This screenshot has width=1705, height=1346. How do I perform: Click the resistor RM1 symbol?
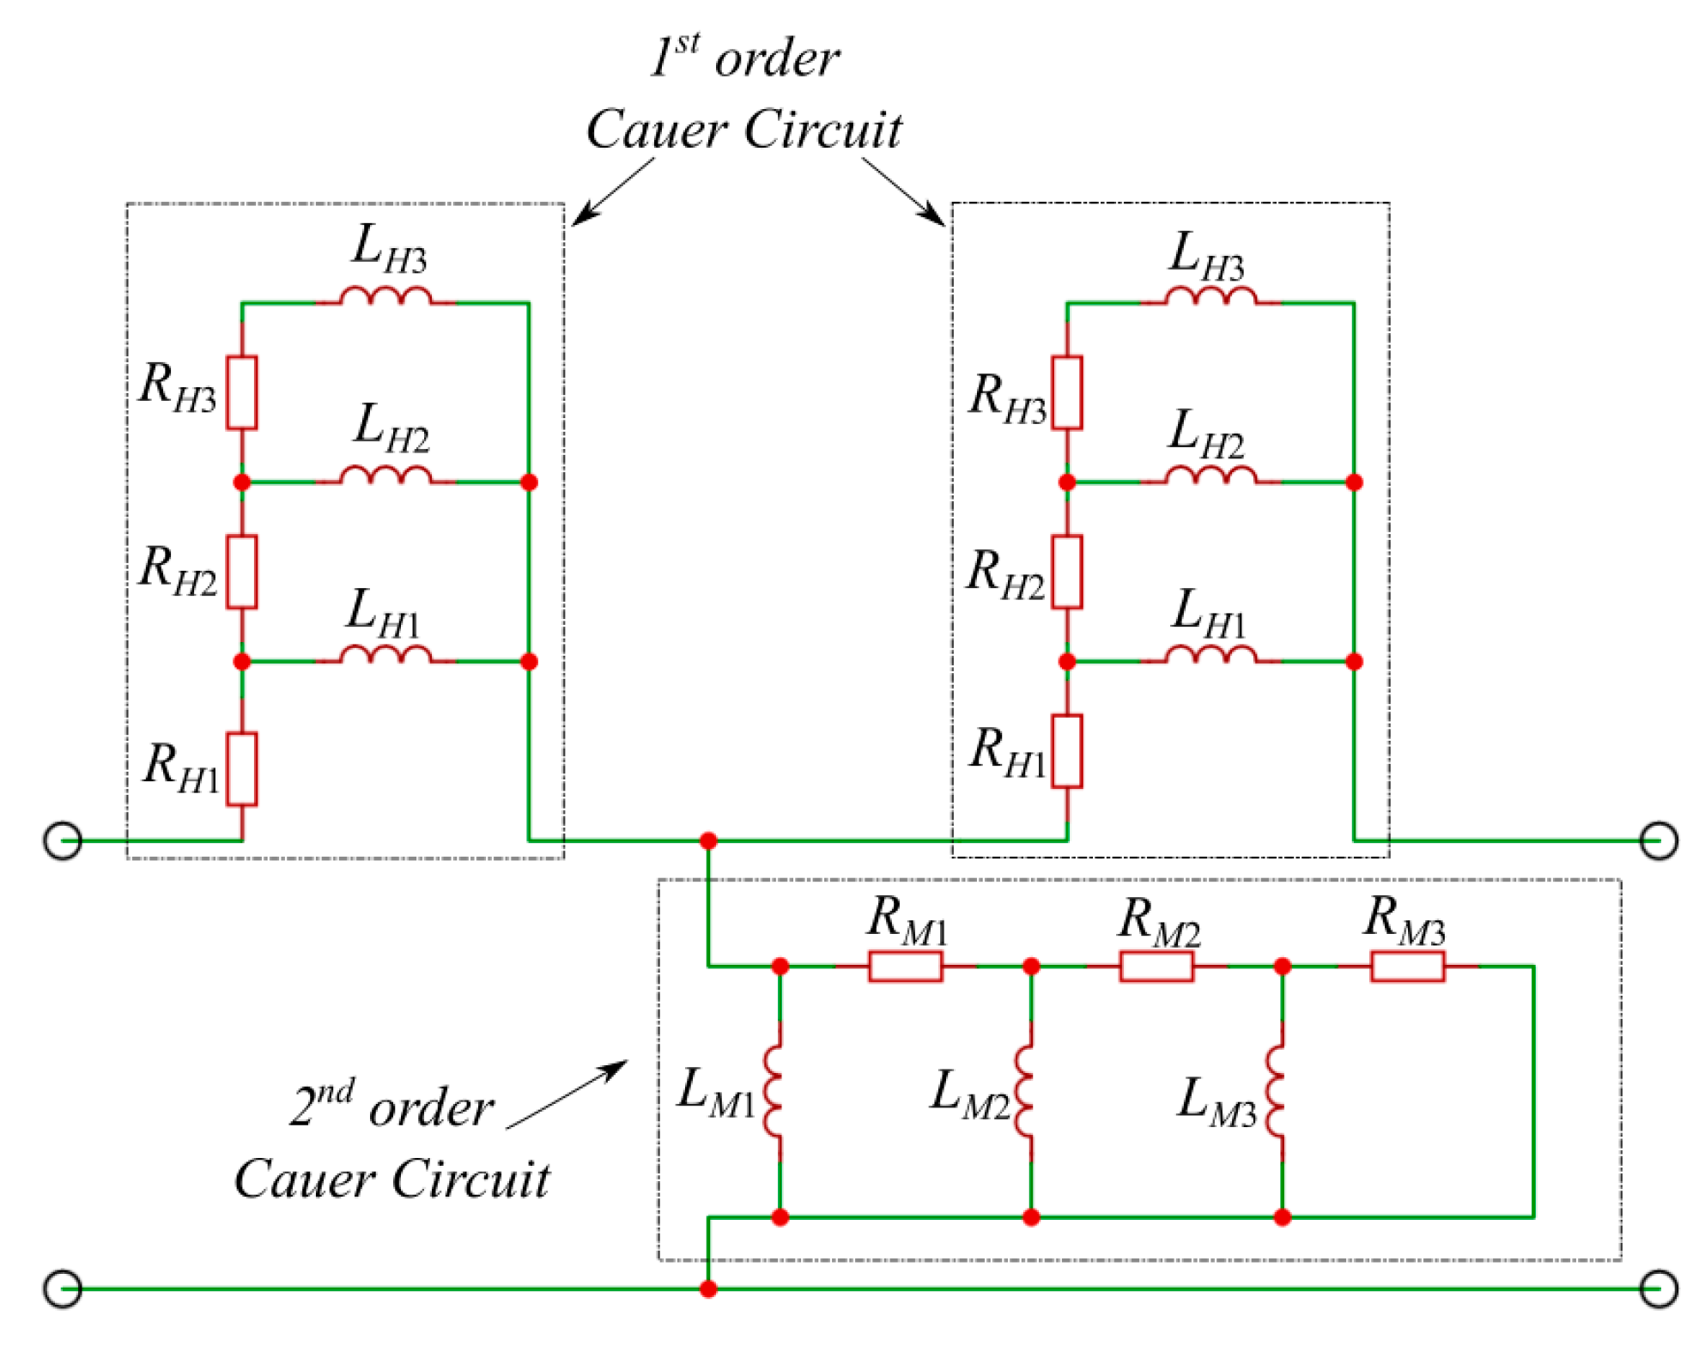(x=905, y=967)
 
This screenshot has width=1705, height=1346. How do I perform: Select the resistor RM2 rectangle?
(x=1156, y=967)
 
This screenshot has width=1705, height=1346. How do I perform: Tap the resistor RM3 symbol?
(x=1407, y=967)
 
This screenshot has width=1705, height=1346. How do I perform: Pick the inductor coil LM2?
(x=1025, y=1092)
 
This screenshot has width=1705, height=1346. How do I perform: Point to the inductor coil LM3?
(x=1277, y=1092)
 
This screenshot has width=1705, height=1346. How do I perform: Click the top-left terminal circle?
(x=63, y=840)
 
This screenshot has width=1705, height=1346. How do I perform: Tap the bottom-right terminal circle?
(x=1658, y=1288)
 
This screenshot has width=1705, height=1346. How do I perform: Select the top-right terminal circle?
(x=1658, y=840)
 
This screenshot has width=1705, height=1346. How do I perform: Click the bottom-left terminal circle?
(x=63, y=1288)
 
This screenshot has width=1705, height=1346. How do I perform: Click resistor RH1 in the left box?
(x=242, y=769)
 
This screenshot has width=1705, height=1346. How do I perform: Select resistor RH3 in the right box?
(x=1067, y=392)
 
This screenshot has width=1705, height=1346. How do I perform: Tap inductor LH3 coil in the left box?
(x=385, y=297)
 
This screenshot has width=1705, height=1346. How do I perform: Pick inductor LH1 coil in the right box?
(x=1210, y=655)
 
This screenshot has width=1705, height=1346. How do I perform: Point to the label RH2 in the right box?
(x=1005, y=573)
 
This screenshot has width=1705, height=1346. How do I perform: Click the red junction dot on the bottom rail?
(x=708, y=1288)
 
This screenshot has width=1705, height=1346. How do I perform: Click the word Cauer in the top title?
(x=657, y=130)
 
